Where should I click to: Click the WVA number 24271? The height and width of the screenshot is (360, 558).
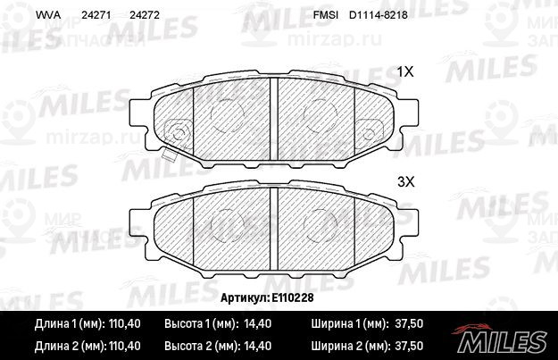[96, 15]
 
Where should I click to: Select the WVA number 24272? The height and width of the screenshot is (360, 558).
[145, 15]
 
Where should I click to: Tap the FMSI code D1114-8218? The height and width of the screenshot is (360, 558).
[379, 15]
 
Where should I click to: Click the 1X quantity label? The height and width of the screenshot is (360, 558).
[405, 72]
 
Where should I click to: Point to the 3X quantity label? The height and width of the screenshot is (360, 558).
[405, 182]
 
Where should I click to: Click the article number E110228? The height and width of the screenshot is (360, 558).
[293, 297]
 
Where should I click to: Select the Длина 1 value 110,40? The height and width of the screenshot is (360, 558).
[124, 323]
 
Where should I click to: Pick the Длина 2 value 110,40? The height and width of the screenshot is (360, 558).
[124, 346]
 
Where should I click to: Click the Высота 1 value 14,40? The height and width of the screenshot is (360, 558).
[258, 323]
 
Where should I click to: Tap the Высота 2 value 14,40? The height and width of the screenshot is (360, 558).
[258, 346]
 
